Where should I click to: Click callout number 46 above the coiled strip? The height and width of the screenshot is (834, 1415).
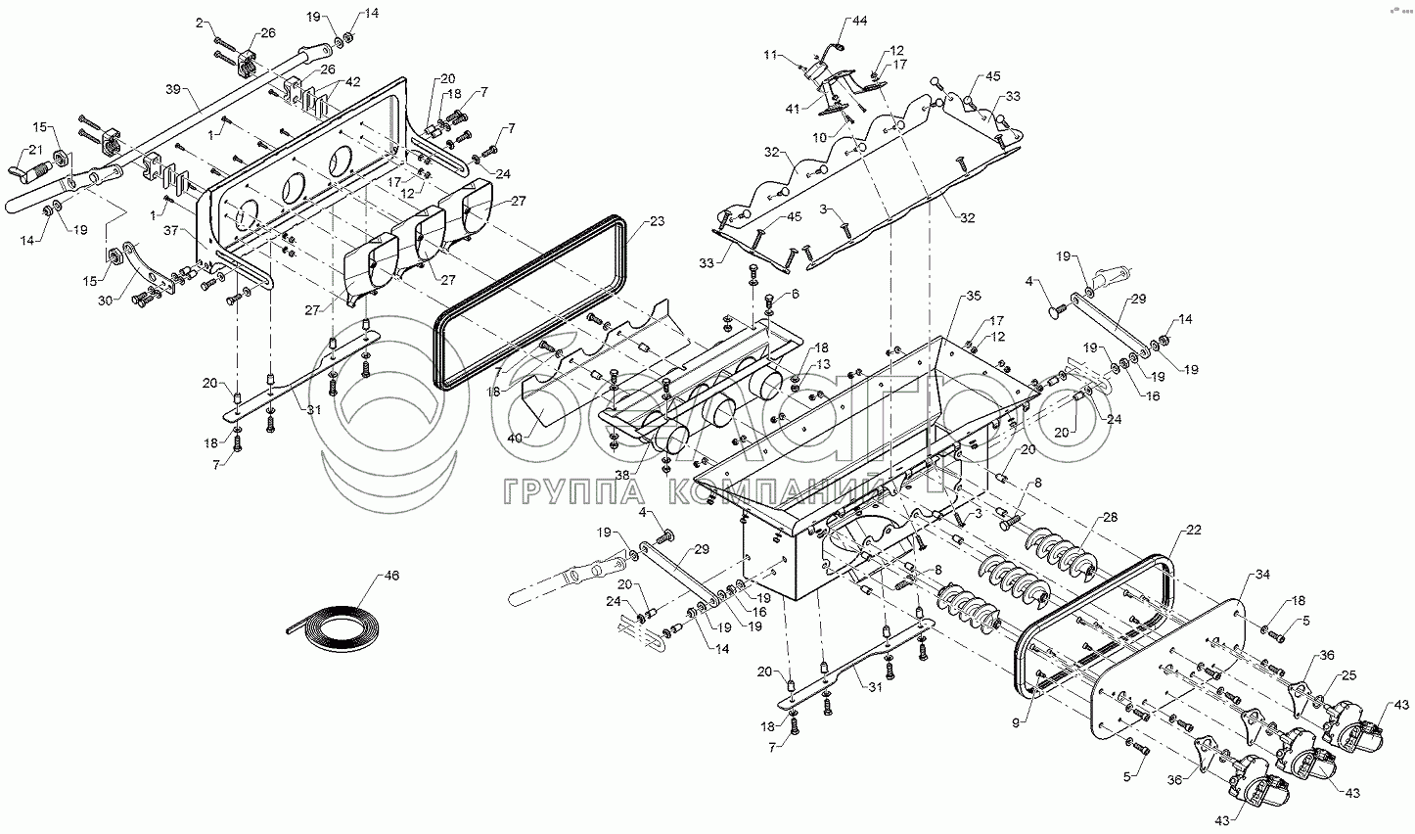(392, 577)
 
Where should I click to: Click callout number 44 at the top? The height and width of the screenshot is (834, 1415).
(859, 21)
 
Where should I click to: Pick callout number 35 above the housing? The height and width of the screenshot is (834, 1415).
(972, 295)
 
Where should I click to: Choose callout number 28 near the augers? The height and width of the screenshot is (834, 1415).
(1110, 517)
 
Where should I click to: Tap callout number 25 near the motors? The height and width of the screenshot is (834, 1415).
(1349, 675)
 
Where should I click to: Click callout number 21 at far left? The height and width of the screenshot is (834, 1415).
(35, 148)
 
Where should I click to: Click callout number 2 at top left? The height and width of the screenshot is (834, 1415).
(203, 22)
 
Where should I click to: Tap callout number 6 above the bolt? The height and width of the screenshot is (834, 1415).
(795, 294)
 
